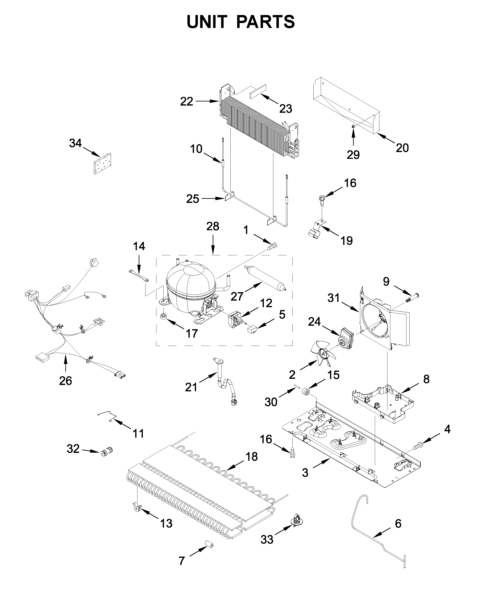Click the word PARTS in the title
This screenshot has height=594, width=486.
(x=265, y=22)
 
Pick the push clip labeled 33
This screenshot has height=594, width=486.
(x=297, y=521)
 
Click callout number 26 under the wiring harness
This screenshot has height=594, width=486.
(x=66, y=381)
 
